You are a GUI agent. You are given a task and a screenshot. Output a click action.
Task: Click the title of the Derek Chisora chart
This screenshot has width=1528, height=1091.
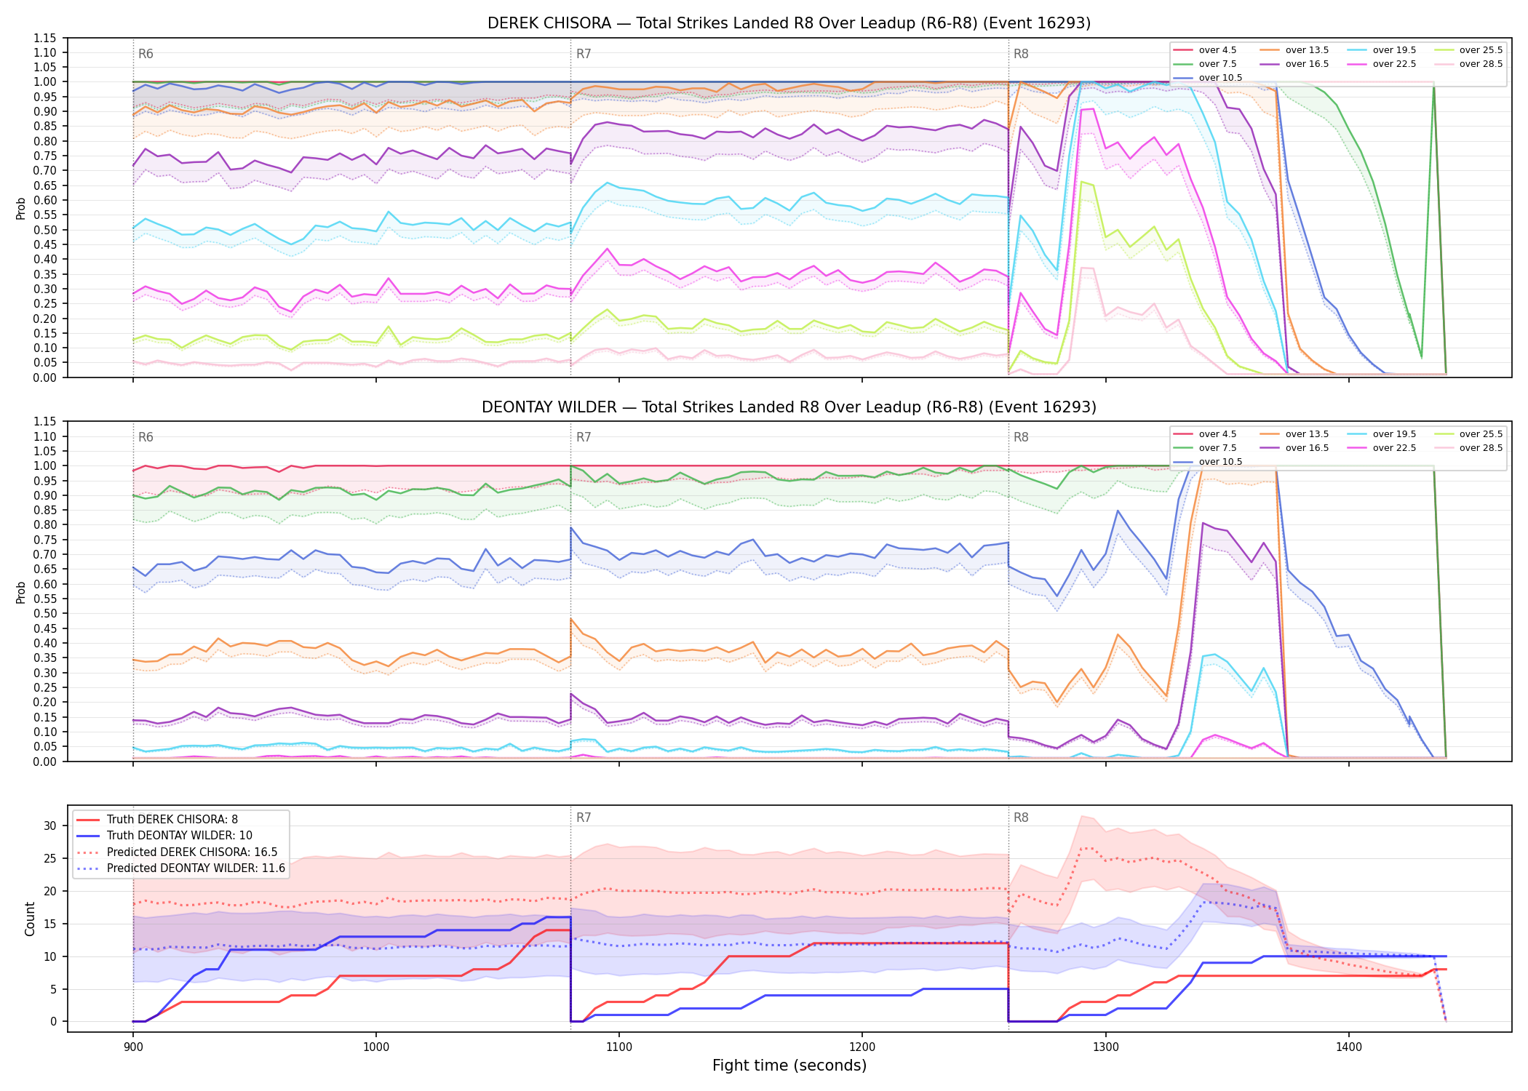789,23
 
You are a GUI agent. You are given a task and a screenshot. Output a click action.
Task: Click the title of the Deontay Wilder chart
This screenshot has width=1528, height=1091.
789,407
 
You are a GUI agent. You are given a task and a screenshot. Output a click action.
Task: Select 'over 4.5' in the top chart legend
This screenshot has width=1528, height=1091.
1217,50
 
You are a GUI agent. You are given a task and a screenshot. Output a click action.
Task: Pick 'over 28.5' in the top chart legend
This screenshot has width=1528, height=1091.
1481,64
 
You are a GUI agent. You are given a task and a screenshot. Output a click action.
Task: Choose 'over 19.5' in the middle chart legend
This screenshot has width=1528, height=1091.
1394,434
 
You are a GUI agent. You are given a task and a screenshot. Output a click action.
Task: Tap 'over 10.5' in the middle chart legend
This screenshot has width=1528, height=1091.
1220,462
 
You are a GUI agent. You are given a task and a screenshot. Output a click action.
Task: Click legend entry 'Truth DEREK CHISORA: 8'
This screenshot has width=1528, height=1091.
172,820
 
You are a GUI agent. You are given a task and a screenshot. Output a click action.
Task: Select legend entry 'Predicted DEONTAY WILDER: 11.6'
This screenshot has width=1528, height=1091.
196,868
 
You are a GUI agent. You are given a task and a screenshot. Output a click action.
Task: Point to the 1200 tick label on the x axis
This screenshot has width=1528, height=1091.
862,1047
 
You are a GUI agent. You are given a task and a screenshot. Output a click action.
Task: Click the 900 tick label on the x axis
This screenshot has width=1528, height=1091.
132,1047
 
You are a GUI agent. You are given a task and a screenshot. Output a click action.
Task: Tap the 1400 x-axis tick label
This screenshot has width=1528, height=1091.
1348,1047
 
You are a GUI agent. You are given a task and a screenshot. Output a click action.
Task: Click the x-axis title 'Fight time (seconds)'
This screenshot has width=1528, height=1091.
789,1066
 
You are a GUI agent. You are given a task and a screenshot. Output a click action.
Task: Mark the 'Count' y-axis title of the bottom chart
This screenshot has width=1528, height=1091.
30,919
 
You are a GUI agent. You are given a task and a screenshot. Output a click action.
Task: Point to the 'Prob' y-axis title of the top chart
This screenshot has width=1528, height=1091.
21,208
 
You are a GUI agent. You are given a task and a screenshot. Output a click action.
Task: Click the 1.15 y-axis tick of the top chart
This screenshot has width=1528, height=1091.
45,38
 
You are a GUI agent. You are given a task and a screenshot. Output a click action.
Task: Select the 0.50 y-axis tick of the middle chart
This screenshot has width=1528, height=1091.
45,613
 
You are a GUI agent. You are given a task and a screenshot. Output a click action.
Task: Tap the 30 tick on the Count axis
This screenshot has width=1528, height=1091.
49,826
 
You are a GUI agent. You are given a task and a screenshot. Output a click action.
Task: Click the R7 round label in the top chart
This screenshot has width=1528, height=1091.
584,54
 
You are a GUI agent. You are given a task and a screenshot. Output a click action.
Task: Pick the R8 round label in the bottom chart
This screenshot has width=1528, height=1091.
1021,818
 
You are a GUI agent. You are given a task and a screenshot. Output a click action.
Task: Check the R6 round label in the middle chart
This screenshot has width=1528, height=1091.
146,437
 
